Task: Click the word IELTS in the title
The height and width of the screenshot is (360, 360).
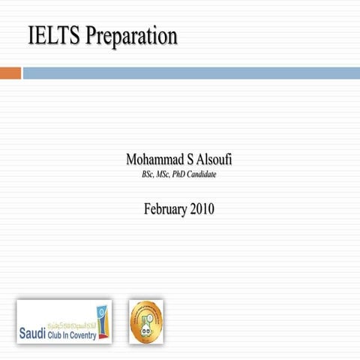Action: click(55, 35)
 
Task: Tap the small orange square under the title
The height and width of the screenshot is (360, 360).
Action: click(10, 73)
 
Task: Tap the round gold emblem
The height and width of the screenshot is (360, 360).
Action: click(146, 321)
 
